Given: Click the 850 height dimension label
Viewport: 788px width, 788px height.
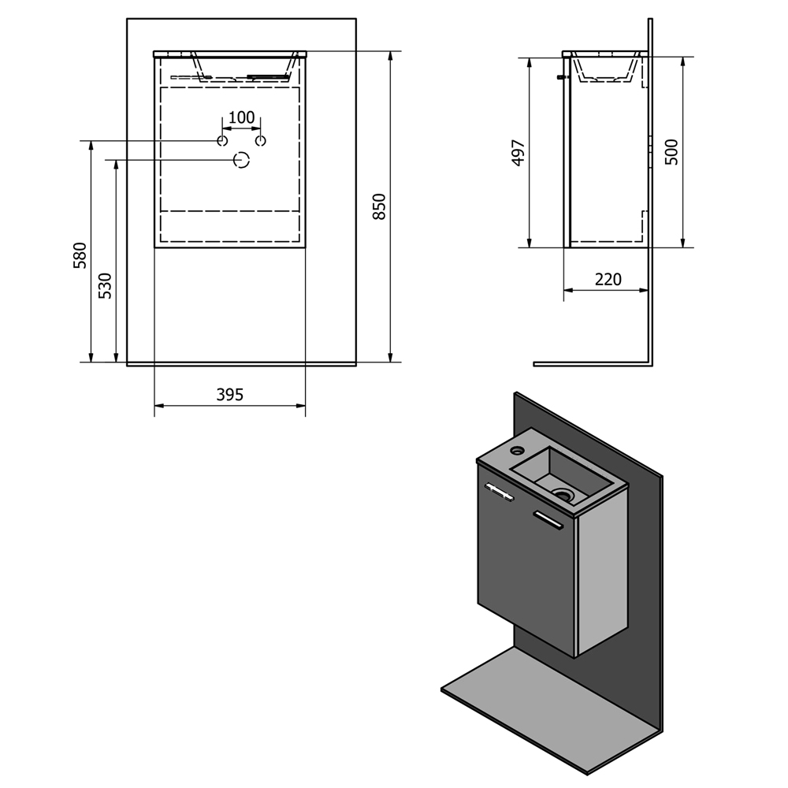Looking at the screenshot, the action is click(380, 206).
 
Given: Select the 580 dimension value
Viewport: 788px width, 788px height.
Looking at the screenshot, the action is click(80, 255).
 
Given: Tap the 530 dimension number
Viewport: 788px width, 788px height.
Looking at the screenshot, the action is click(105, 285).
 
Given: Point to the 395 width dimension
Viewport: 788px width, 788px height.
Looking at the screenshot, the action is click(229, 395).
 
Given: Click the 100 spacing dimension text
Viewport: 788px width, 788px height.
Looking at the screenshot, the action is click(242, 117).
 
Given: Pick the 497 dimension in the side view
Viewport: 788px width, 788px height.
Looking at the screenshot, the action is click(519, 152).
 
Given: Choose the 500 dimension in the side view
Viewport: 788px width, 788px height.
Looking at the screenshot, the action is click(672, 152).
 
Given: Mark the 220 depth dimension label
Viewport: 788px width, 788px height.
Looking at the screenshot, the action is click(608, 280).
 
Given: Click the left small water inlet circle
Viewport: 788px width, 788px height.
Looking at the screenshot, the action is click(222, 141).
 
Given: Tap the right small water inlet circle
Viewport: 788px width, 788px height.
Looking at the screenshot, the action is click(260, 141).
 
